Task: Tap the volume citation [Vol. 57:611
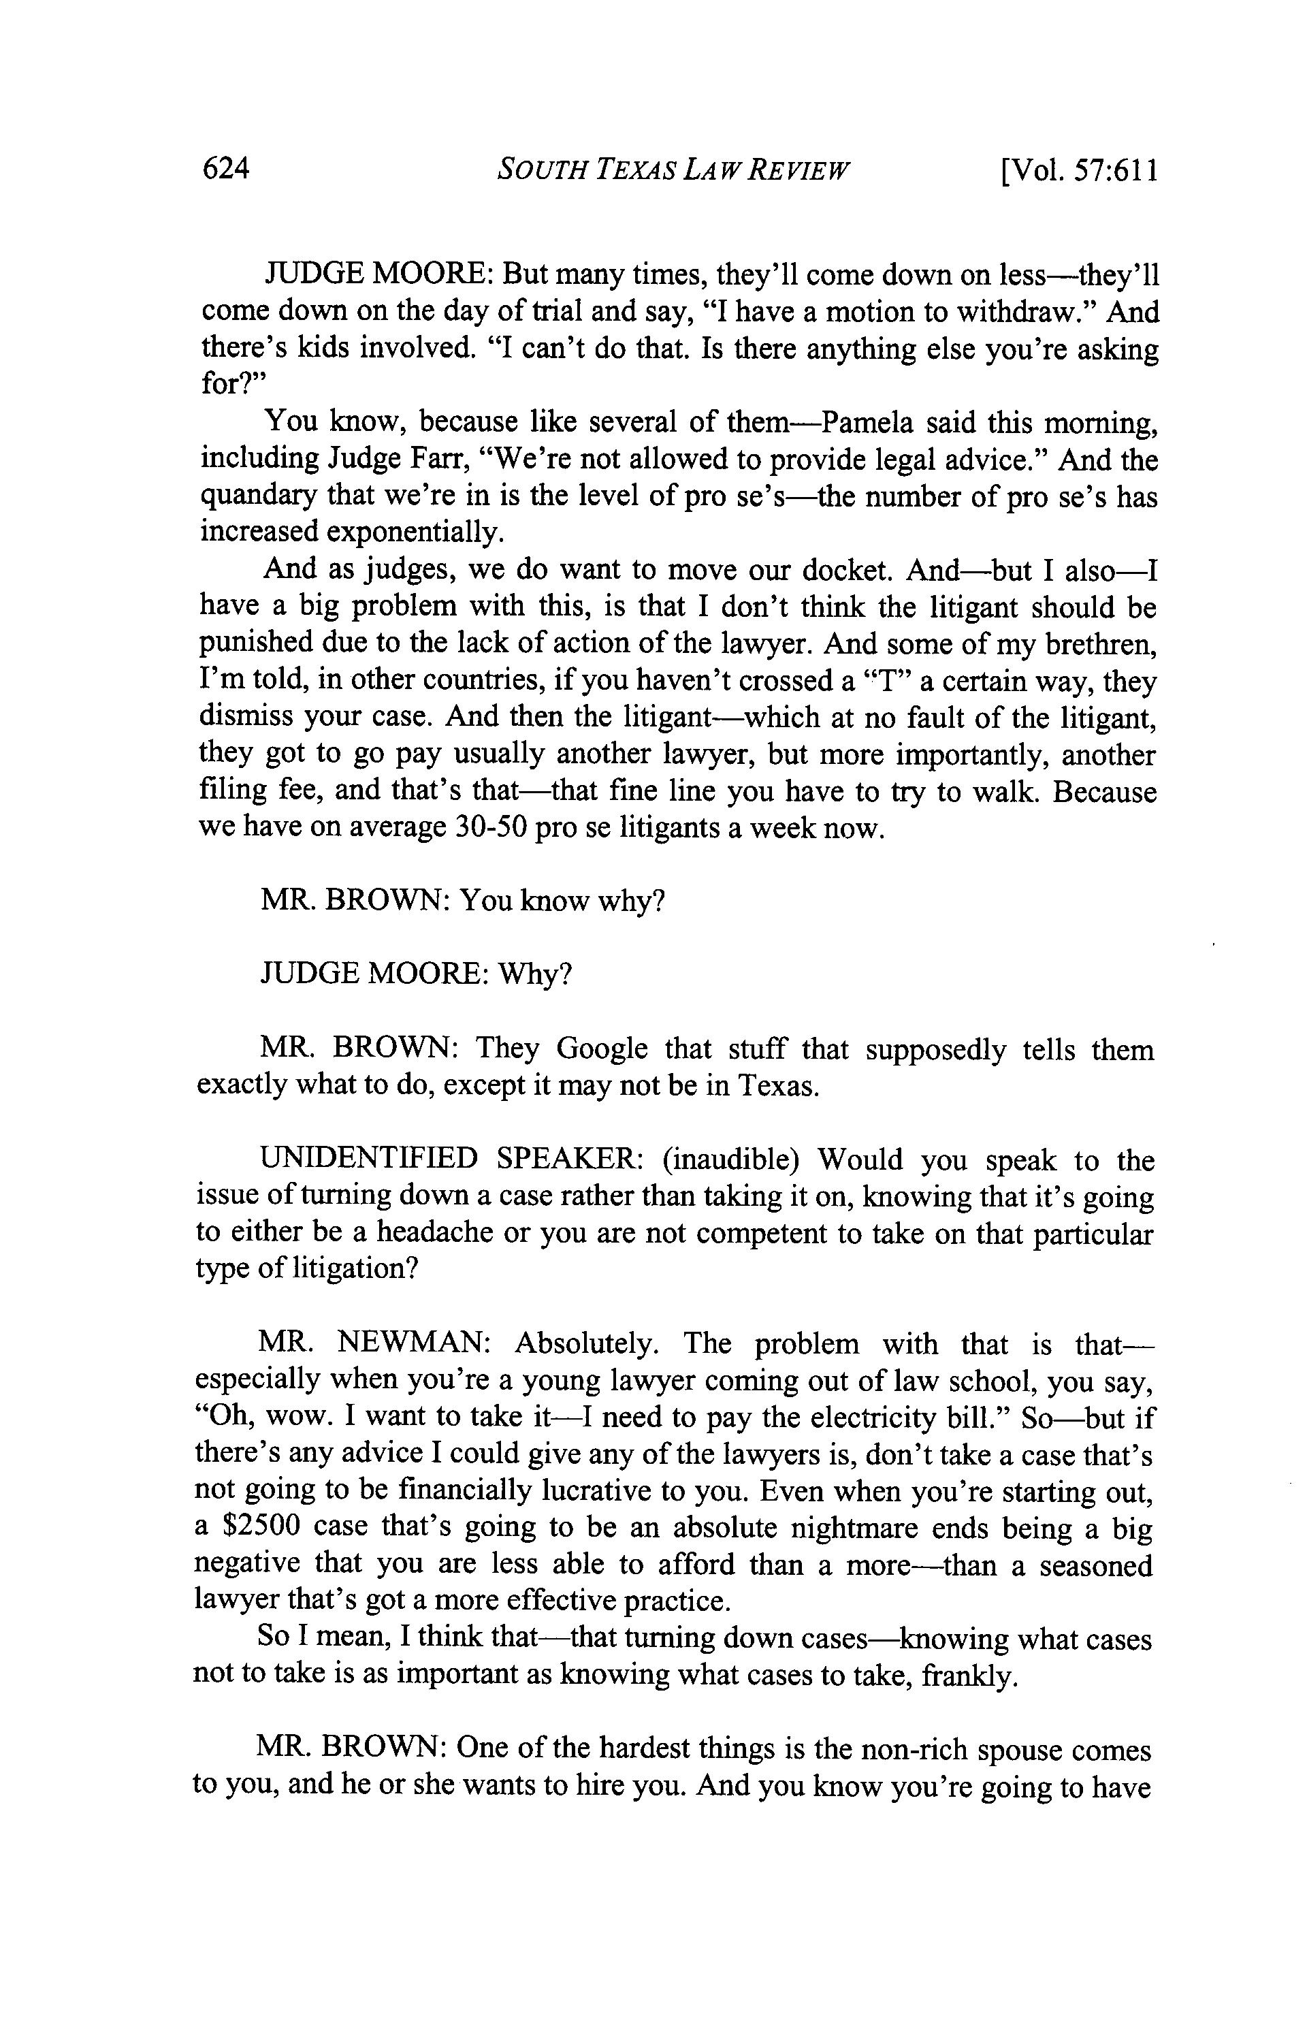pos(1079,171)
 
